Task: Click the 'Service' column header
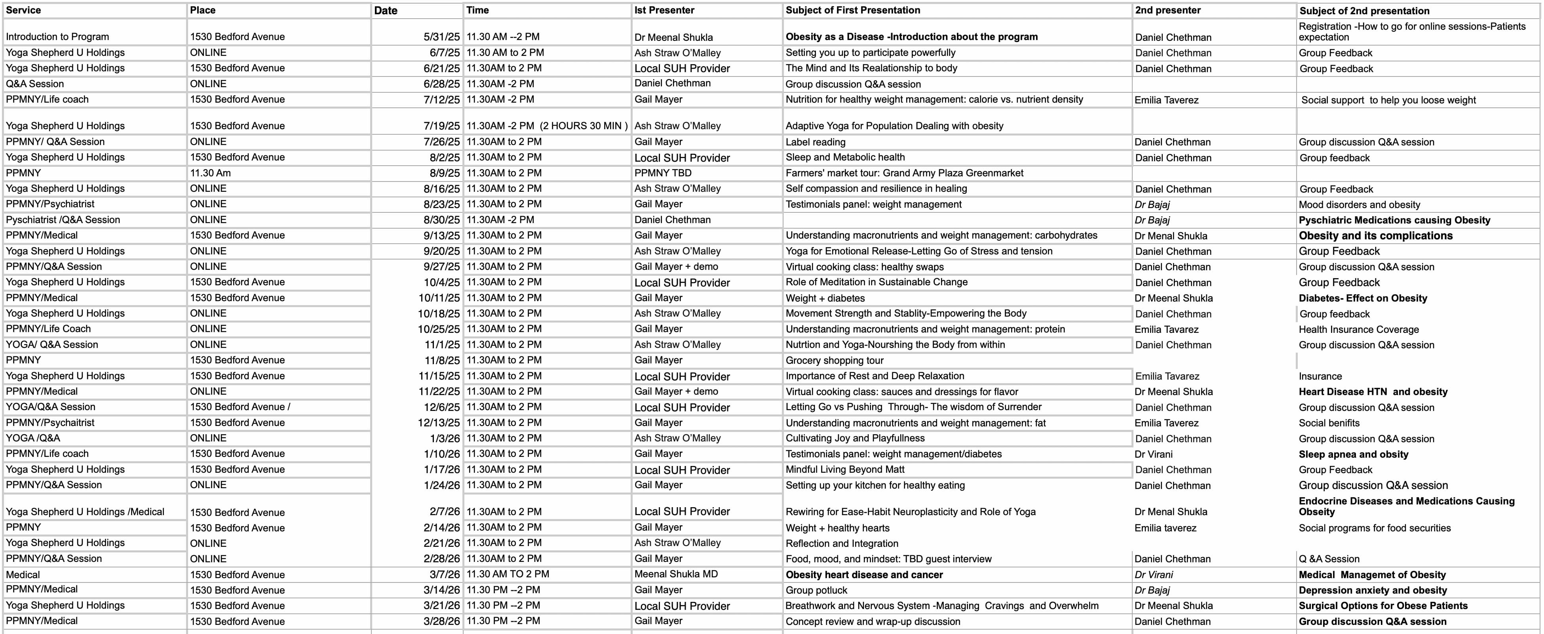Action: pyautogui.click(x=23, y=10)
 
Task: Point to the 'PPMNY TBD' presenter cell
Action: pyautogui.click(x=663, y=173)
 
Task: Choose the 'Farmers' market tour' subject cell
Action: pyautogui.click(x=905, y=173)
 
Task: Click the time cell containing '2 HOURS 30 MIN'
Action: pyautogui.click(x=547, y=126)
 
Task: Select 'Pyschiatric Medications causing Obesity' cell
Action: pyautogui.click(x=1394, y=220)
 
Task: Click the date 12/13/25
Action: pyautogui.click(x=439, y=423)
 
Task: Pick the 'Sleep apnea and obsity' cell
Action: pyautogui.click(x=1354, y=454)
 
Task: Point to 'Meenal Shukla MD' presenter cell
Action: pyautogui.click(x=675, y=574)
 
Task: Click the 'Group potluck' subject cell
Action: pyautogui.click(x=816, y=590)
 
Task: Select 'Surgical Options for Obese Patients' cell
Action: pyautogui.click(x=1383, y=606)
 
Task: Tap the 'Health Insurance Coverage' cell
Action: pyautogui.click(x=1359, y=329)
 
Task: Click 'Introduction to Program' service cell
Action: pyautogui.click(x=57, y=36)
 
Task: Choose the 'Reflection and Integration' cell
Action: pyautogui.click(x=842, y=543)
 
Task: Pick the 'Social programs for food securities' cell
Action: pyautogui.click(x=1375, y=528)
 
